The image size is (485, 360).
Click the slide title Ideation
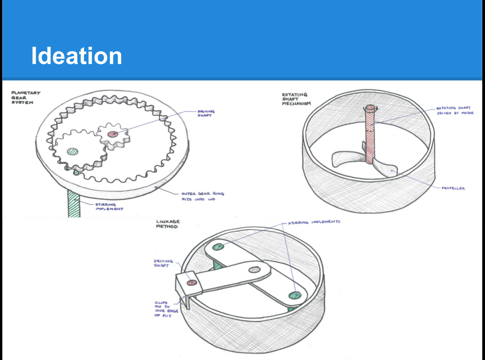[x=76, y=56]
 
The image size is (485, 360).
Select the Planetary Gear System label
[x=26, y=97]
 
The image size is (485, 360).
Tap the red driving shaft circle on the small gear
[x=113, y=134]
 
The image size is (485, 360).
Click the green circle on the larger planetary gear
[x=73, y=151]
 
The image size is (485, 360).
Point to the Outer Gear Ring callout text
[x=202, y=196]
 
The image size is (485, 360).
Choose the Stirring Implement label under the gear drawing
[x=109, y=207]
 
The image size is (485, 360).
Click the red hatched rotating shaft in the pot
[x=370, y=135]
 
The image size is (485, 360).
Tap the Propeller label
[x=453, y=188]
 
